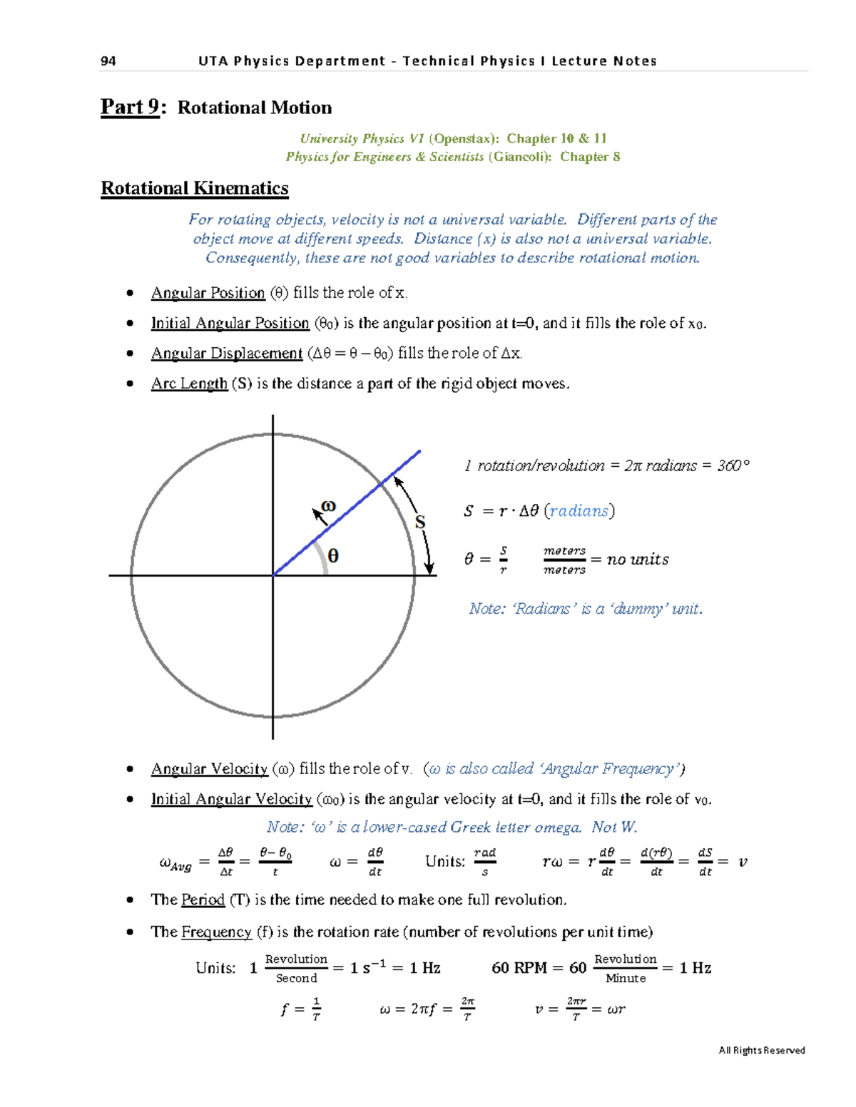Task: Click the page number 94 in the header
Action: [x=108, y=61]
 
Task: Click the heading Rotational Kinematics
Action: [x=195, y=188]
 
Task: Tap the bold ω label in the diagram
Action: [x=328, y=505]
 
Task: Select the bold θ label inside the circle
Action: [x=332, y=556]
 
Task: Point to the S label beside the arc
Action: [x=420, y=522]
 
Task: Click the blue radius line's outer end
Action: [x=419, y=451]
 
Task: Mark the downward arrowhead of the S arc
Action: [x=429, y=568]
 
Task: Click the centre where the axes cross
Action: [x=273, y=575]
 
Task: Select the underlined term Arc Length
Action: [x=189, y=383]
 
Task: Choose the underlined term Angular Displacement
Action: [x=227, y=354]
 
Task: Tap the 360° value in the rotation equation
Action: [x=733, y=465]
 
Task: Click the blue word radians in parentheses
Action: [x=579, y=511]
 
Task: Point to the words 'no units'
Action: [x=638, y=560]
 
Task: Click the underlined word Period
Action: [x=203, y=900]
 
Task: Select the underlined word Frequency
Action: [x=216, y=932]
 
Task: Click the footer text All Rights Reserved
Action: [x=762, y=1050]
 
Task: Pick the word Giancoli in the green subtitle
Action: [x=519, y=157]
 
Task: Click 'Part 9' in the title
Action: [x=130, y=107]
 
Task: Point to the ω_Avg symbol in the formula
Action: [x=175, y=864]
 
